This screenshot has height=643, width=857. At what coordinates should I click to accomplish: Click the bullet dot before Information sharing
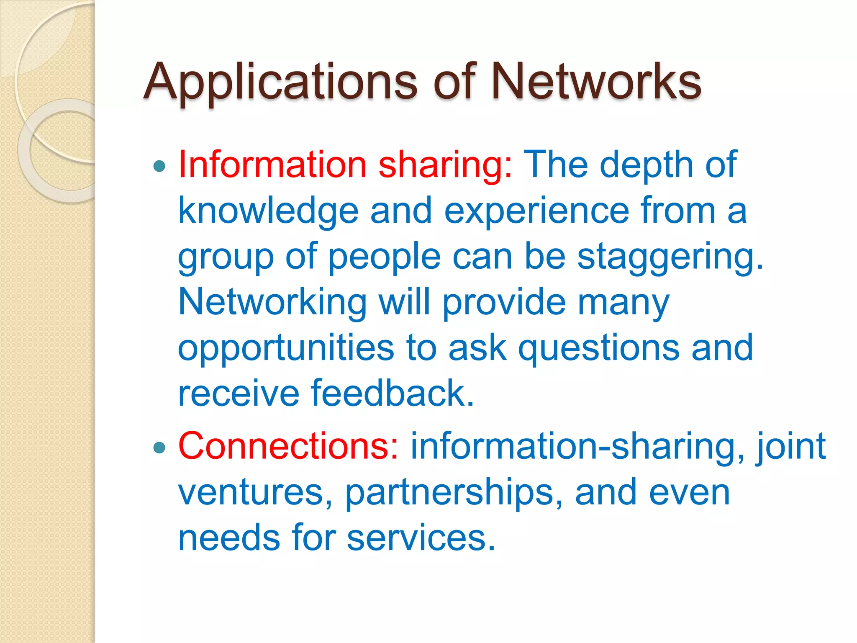pos(159,166)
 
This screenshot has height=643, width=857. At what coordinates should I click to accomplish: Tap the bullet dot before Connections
pos(159,448)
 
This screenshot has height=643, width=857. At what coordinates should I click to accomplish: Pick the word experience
pos(536,211)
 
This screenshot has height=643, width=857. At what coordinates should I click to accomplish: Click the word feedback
pos(392,393)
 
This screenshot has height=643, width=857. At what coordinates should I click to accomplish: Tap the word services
pos(421,538)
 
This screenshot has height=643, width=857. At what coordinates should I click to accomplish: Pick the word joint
pos(790,447)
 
